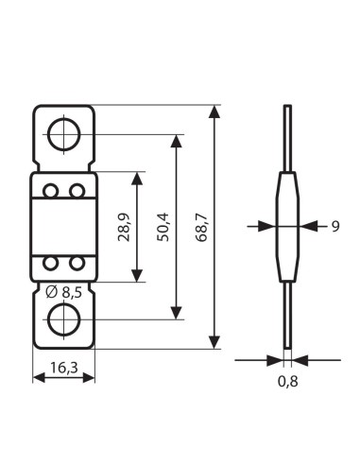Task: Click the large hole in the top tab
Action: coord(63,133)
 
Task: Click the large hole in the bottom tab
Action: coord(63,319)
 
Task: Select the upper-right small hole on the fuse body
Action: coord(75,192)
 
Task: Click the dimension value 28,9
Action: coord(124,227)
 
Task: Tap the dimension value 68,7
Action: coord(200,227)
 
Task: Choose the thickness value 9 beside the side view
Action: coord(334,226)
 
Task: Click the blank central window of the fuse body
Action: coord(63,227)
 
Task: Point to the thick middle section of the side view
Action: coord(287,227)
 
